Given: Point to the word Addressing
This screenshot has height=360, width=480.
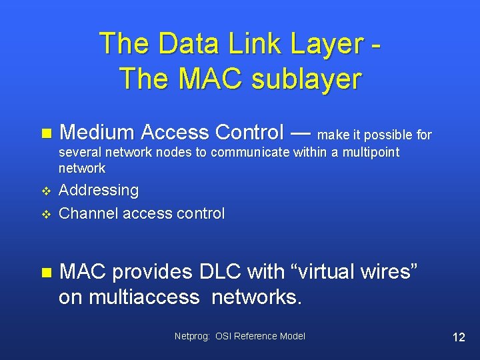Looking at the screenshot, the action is point(99,191).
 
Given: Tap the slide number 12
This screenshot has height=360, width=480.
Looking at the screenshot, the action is point(459,337).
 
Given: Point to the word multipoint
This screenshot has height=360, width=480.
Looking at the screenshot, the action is point(371,153).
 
